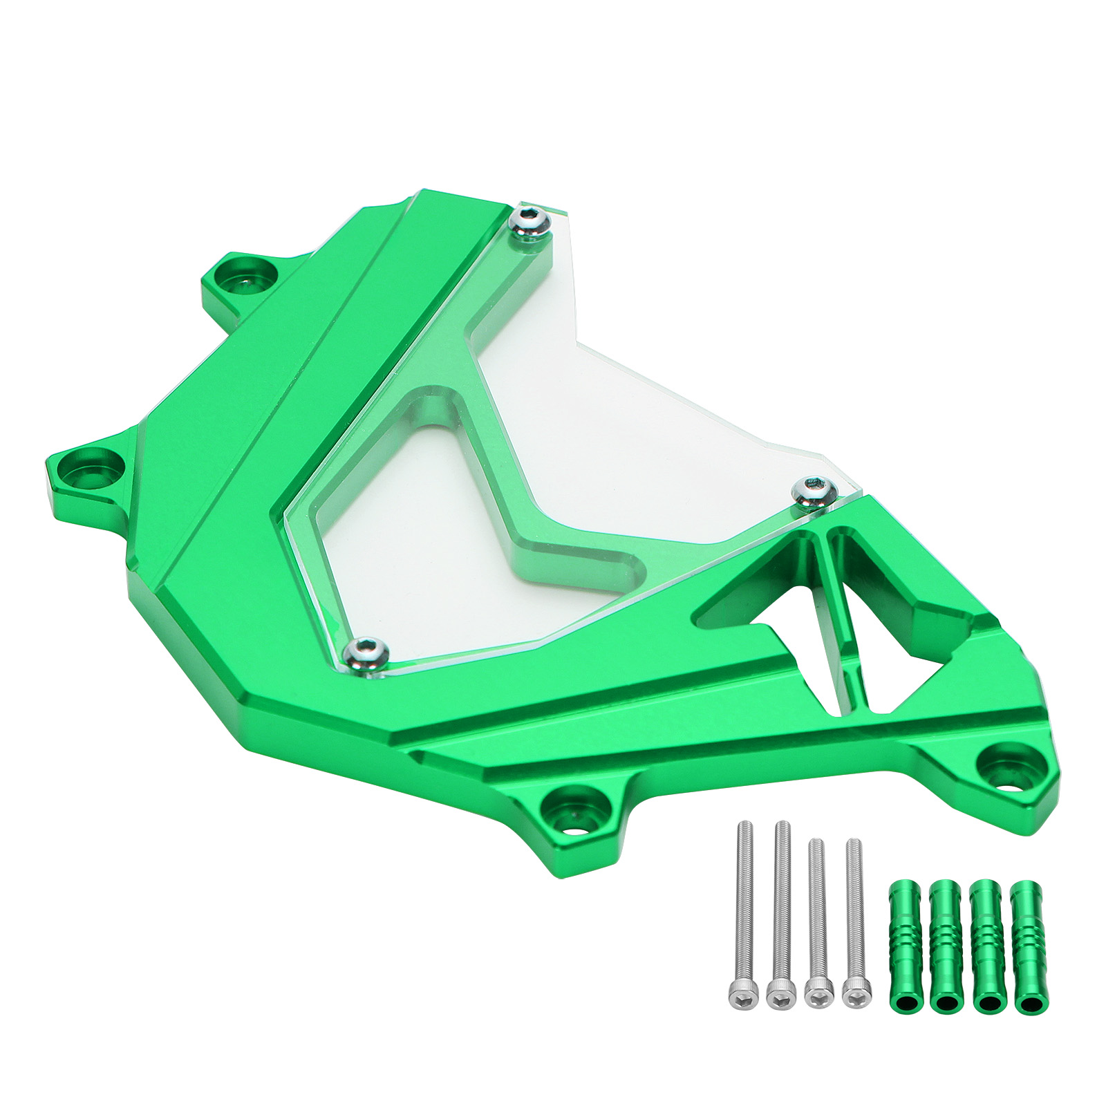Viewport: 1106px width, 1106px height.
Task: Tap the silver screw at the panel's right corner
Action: pyautogui.click(x=814, y=490)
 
